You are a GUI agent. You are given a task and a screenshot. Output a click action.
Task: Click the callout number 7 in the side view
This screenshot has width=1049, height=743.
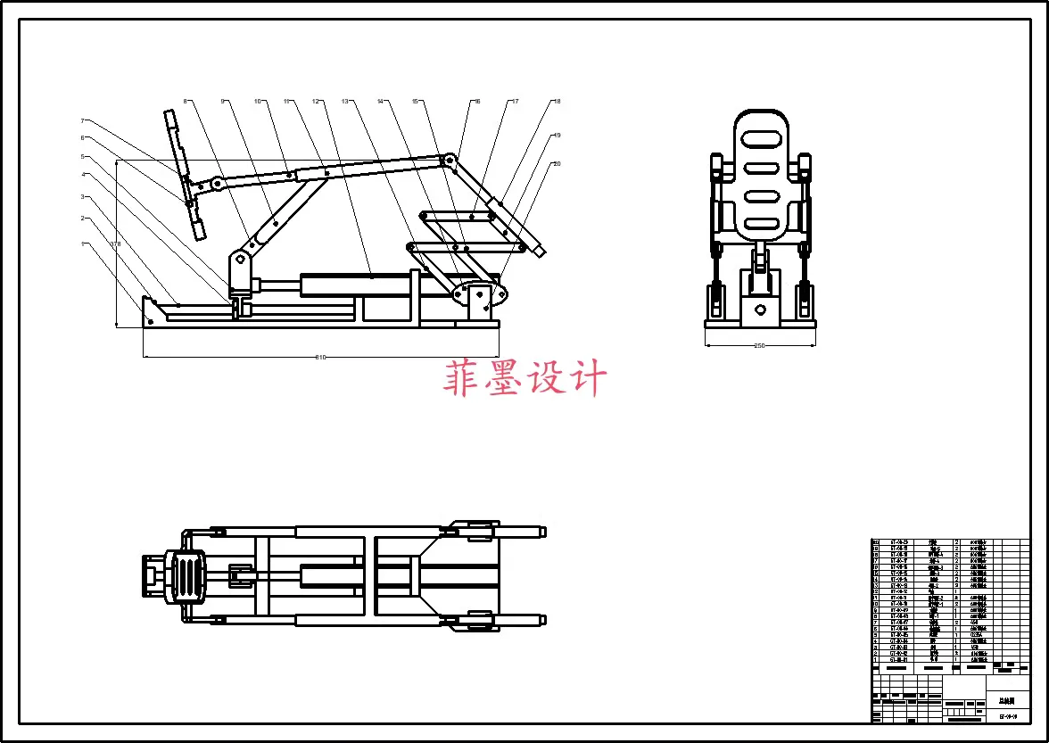click(82, 120)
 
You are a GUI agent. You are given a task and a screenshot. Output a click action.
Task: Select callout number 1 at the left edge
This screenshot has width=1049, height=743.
click(82, 244)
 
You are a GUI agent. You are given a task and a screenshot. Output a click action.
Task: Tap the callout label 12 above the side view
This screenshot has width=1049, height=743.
click(316, 102)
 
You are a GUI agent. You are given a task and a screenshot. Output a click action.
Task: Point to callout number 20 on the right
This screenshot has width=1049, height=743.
click(557, 164)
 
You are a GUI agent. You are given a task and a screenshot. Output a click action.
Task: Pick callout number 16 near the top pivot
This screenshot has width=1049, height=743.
click(477, 102)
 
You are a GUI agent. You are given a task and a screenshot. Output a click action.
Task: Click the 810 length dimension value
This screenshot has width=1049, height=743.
click(321, 358)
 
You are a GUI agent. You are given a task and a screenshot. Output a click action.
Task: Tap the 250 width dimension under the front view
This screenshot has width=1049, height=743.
click(760, 345)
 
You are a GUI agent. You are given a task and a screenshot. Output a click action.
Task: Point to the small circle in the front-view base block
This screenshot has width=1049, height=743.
click(760, 310)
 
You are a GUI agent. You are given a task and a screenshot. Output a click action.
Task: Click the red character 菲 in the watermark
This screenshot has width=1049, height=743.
click(462, 378)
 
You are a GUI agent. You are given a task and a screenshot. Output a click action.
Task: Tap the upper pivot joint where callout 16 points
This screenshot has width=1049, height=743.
click(451, 161)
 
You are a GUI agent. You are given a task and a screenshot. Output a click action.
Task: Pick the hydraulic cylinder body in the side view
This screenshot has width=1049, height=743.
click(357, 285)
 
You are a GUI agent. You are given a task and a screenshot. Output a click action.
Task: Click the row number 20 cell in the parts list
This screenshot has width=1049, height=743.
click(876, 541)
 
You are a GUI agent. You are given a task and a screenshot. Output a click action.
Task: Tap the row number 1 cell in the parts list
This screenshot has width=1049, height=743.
click(876, 660)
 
